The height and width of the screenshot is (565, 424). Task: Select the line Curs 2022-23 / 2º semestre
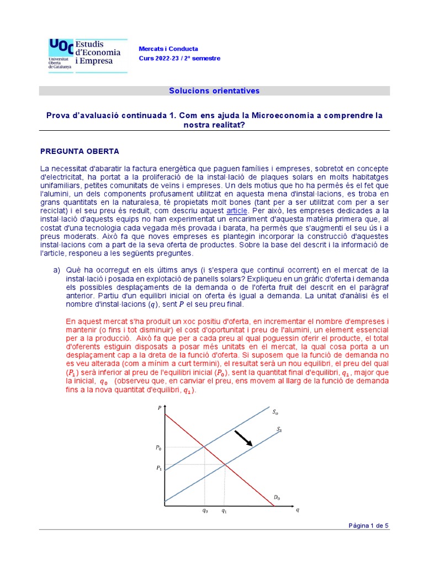pos(179,58)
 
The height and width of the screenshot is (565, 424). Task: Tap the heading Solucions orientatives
pos(214,90)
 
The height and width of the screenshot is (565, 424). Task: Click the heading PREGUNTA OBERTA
pos(79,151)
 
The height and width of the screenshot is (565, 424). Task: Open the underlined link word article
pos(237,211)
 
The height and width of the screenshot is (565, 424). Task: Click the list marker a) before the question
pos(56,270)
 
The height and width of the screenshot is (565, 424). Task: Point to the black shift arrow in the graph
pos(243,438)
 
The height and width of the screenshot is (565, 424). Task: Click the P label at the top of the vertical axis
pos(160,408)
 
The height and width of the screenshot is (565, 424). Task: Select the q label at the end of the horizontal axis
pos(298,509)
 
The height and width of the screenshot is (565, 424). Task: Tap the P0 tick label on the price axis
pos(158,447)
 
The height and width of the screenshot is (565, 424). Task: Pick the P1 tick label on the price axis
pos(158,468)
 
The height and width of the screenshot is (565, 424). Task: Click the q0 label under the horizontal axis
pos(205,511)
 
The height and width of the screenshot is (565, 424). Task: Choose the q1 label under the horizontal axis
pos(224,511)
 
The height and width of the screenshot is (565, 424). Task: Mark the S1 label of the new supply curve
pos(279,429)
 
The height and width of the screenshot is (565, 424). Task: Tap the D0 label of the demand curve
pos(277,498)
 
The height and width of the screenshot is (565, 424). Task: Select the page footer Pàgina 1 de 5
pos(368,525)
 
